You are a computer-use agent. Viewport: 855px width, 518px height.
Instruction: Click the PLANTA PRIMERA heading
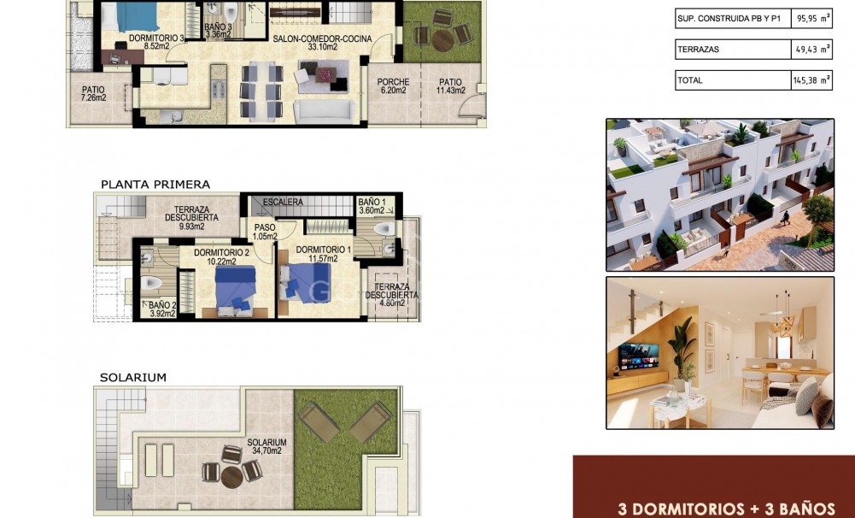tap(155, 184)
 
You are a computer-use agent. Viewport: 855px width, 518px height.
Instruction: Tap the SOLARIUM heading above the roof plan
tap(132, 377)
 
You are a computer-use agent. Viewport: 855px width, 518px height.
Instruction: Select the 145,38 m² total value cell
tap(811, 80)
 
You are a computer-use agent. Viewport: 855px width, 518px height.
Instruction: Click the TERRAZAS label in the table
tap(699, 50)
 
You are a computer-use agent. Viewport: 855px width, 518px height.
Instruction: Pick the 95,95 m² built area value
tap(811, 18)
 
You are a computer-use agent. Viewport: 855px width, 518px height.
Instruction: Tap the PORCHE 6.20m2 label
tap(393, 86)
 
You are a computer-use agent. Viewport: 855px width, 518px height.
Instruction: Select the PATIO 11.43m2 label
tap(450, 86)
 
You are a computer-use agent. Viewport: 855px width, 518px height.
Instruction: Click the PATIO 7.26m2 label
tap(93, 93)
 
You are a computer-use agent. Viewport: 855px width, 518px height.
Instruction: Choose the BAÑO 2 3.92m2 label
tap(161, 309)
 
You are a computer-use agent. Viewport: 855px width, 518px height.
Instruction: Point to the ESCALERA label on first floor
tap(283, 203)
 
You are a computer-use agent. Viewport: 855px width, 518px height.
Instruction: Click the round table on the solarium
tap(231, 475)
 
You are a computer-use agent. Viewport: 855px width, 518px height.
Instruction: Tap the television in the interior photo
tap(638, 356)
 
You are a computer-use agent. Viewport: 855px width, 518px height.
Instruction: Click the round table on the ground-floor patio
tap(442, 39)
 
